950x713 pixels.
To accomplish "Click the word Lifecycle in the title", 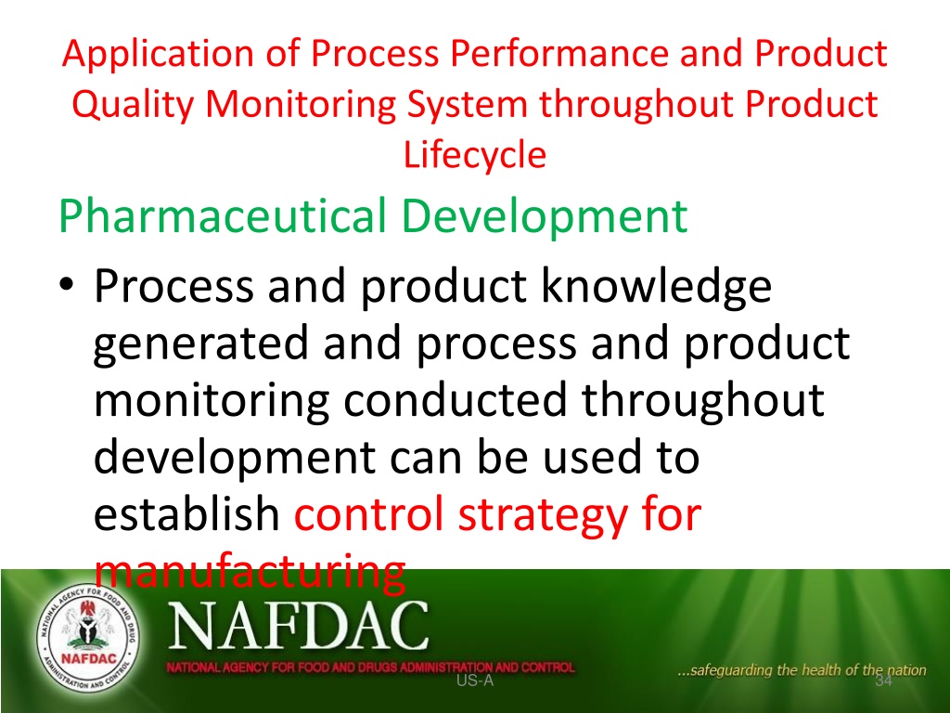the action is [x=474, y=155].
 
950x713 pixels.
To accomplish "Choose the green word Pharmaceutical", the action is [x=223, y=215].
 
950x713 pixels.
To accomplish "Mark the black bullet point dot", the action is [x=66, y=285].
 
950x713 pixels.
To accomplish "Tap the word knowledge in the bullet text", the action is [x=656, y=287].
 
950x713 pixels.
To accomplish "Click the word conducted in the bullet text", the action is [x=455, y=400].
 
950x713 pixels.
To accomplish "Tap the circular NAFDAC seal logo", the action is [x=88, y=637].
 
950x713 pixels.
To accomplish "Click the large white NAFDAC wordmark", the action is [x=298, y=627].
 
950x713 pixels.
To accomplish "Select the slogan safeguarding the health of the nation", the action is [x=802, y=670].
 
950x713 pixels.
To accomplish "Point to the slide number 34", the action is [x=884, y=681].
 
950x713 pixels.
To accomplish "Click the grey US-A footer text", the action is [x=475, y=681].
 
